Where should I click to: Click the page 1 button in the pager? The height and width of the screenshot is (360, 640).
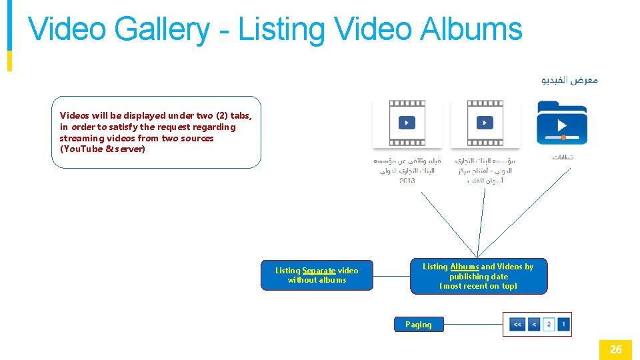(563, 325)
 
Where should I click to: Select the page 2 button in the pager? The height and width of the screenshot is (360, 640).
(549, 325)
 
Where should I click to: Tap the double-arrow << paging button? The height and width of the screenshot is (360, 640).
(517, 325)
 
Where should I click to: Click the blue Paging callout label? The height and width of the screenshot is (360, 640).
(418, 325)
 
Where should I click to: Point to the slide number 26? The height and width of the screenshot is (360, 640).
(615, 349)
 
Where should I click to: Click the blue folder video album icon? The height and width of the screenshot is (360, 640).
(561, 122)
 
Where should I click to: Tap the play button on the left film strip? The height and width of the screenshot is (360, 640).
(407, 123)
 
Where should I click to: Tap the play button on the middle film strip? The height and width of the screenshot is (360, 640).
(485, 123)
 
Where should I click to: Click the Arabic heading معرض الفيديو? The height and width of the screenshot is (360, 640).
(569, 80)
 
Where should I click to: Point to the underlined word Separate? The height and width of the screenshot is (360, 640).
(319, 271)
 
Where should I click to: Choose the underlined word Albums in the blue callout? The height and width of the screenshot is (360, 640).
(465, 267)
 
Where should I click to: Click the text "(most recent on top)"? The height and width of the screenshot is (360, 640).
(478, 286)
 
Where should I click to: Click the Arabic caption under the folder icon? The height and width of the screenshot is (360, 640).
(563, 157)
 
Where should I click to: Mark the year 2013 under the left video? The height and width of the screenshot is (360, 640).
(407, 181)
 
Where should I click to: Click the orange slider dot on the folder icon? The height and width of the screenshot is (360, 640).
(563, 137)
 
